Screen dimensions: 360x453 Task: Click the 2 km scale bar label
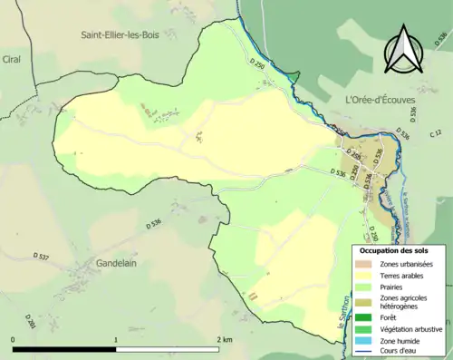225,339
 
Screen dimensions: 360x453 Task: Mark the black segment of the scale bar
64,348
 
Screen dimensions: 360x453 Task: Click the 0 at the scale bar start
14,339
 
